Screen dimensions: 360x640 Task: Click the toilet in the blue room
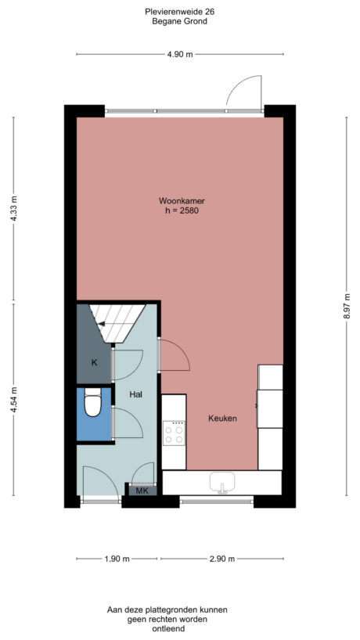[92, 402]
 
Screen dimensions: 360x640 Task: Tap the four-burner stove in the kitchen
[174, 433]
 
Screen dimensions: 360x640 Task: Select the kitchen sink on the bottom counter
[222, 483]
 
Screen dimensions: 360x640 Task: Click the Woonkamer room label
[182, 201]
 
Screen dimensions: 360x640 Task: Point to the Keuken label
[222, 419]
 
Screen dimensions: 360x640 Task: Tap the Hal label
[136, 394]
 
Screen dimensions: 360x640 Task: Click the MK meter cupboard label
[142, 491]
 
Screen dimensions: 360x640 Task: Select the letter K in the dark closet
[94, 362]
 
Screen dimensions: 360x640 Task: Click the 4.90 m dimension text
[180, 54]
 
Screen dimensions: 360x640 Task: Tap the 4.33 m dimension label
[13, 209]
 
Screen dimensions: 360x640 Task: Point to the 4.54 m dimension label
[13, 399]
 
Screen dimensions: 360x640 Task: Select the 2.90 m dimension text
[221, 559]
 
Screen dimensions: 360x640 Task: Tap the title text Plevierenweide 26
[179, 12]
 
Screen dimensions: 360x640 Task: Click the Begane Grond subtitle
[179, 21]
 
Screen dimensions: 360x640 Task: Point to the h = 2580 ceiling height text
[182, 211]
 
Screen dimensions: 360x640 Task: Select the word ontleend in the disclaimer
[168, 629]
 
